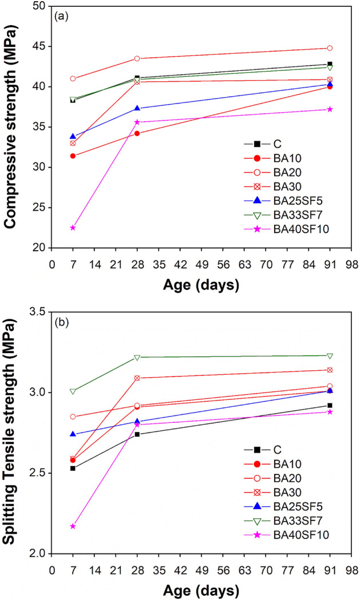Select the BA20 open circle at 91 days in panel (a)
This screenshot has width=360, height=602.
click(330, 48)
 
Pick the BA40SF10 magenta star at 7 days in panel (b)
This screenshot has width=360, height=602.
click(73, 526)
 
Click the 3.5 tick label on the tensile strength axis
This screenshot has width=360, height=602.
click(40, 312)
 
